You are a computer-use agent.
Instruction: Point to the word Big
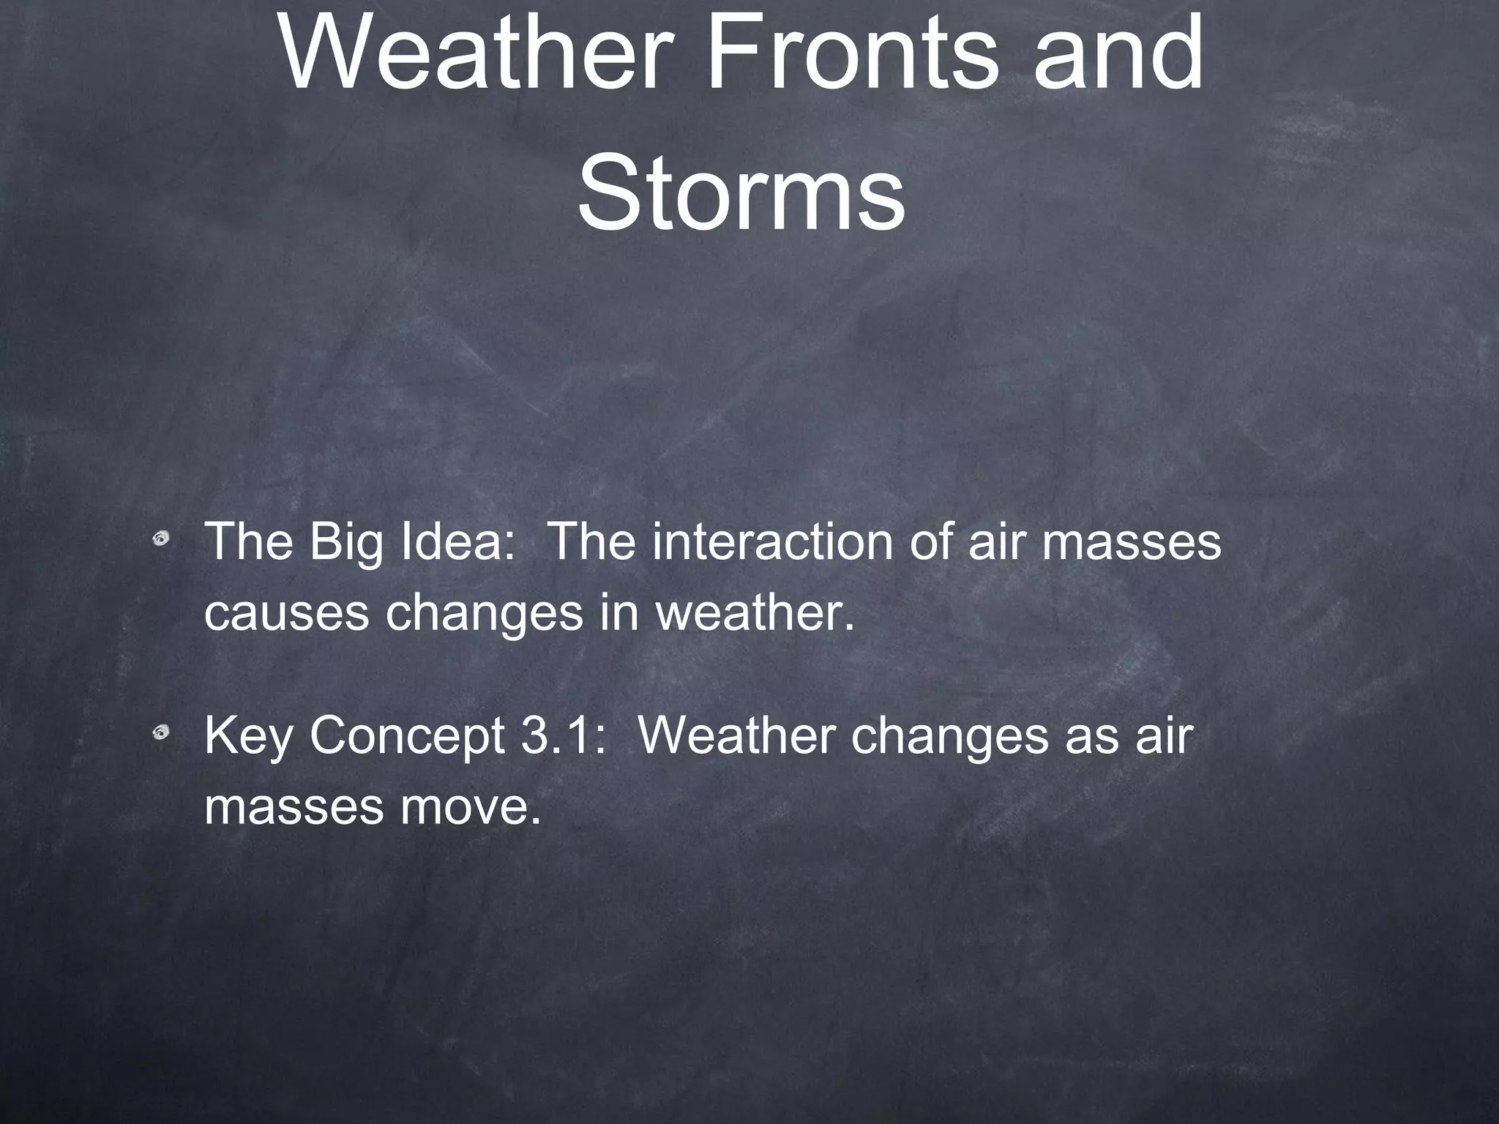(x=347, y=542)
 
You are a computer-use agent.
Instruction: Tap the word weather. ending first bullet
(x=755, y=613)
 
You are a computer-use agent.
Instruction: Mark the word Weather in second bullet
(x=737, y=735)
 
